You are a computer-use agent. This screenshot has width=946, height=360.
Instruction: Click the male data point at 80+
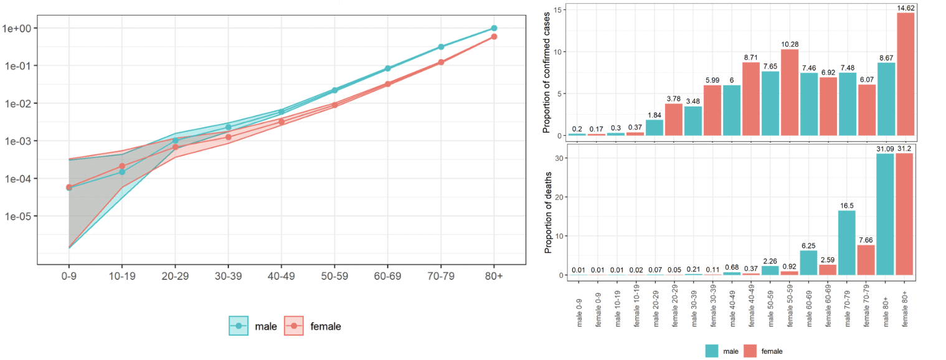pyautogui.click(x=494, y=28)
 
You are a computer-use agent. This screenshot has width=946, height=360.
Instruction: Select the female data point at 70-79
pyautogui.click(x=441, y=62)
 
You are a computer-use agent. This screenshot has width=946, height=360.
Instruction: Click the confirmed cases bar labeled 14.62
pyautogui.click(x=906, y=73)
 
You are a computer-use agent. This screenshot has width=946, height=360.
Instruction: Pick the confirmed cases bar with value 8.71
pyautogui.click(x=751, y=98)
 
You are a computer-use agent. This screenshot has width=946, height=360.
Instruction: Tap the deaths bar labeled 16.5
pyautogui.click(x=846, y=243)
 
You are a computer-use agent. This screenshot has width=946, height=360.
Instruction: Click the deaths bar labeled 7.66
pyautogui.click(x=866, y=260)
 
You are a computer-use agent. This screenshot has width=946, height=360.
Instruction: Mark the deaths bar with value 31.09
pyautogui.click(x=886, y=214)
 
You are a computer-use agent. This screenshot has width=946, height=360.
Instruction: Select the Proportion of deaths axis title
pyautogui.click(x=549, y=213)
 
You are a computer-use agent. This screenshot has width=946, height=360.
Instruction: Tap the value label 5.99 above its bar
pyautogui.click(x=712, y=80)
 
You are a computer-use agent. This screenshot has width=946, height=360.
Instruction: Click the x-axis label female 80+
pyautogui.click(x=906, y=306)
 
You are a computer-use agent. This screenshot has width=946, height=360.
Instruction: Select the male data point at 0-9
pyautogui.click(x=69, y=187)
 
